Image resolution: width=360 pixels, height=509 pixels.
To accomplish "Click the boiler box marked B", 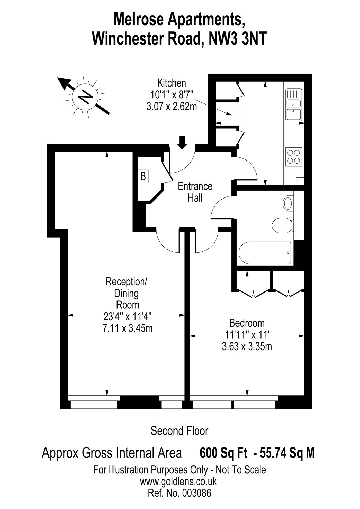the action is click(x=143, y=176).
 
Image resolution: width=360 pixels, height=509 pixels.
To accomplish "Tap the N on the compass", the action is click(x=86, y=97).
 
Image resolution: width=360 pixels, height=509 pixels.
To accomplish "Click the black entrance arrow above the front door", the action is click(x=182, y=142).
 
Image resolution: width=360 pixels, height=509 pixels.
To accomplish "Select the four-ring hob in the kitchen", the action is click(x=293, y=156).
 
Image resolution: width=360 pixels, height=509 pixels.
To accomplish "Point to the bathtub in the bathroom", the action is click(x=265, y=253).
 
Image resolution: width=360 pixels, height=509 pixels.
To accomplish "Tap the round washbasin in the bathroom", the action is click(x=288, y=204).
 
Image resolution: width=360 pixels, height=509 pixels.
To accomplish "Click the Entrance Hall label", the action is click(x=195, y=192).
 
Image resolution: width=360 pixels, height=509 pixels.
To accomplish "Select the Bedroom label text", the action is click(x=247, y=323).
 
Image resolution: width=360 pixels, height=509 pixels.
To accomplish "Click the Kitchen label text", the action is click(x=172, y=83).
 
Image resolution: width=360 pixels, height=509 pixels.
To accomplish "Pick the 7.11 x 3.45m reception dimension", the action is click(x=127, y=328).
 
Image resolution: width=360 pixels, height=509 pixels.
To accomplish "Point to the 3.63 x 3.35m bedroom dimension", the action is click(x=247, y=346).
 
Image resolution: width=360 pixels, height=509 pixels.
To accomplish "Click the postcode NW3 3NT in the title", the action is click(x=237, y=39).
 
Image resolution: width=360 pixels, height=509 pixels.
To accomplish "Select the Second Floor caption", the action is click(x=179, y=431).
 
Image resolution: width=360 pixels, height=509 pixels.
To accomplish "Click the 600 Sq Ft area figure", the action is click(x=223, y=453).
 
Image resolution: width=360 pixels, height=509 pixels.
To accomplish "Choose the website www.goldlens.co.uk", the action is click(x=178, y=481).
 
